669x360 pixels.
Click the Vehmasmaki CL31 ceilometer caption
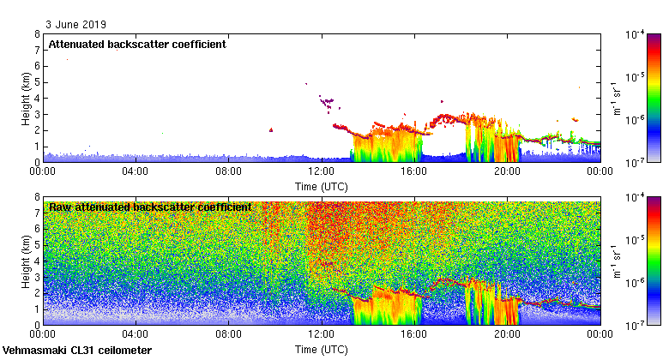[x=77, y=351]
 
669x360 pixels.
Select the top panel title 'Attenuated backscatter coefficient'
[x=137, y=45]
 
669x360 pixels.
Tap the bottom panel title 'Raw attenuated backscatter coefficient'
[x=150, y=207]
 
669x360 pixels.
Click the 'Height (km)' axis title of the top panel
[x=27, y=98]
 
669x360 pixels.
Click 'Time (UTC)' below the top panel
[x=322, y=185]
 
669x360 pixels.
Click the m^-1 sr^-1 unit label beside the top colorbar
[x=615, y=98]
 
